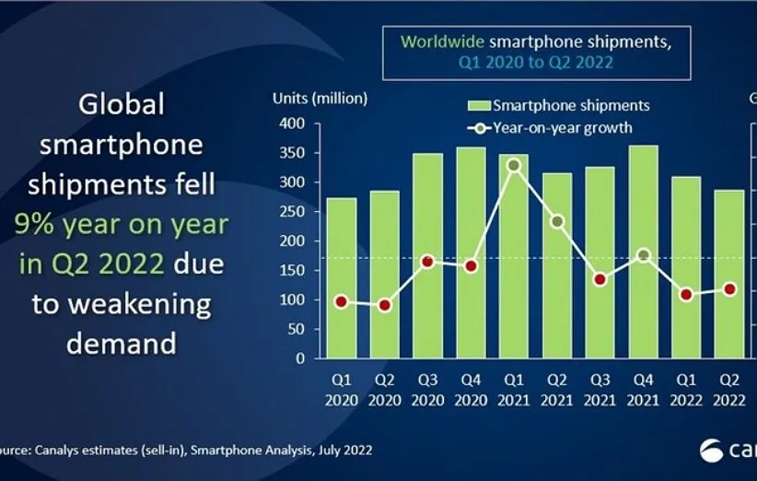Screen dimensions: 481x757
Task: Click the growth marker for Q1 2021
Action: [515, 166]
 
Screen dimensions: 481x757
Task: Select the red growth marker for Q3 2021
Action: [600, 279]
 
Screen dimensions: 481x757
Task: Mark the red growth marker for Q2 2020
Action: [385, 305]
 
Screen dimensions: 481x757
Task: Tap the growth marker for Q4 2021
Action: [644, 255]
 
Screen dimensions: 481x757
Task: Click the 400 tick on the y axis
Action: [294, 123]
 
